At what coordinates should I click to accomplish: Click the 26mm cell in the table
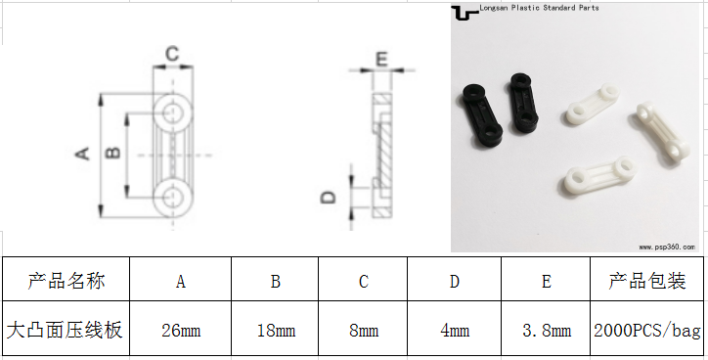[x=181, y=331]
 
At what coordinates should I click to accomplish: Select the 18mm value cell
[x=276, y=331]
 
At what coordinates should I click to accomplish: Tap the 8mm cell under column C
[x=363, y=331]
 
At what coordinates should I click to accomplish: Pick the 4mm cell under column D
[x=455, y=331]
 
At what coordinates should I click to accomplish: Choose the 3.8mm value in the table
[x=546, y=331]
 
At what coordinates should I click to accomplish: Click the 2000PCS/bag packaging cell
[x=646, y=331]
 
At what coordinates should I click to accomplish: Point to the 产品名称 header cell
[x=66, y=280]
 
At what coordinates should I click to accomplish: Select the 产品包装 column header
[x=646, y=280]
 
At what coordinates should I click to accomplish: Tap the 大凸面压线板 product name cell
[x=66, y=331]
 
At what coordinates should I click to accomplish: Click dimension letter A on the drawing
[x=82, y=154]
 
